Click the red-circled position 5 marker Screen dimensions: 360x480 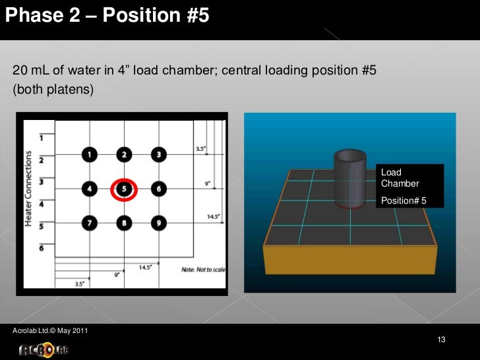click(124, 189)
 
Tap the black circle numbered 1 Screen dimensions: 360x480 click(90, 155)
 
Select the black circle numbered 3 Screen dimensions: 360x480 click(158, 155)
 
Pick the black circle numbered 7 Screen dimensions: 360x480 click(90, 224)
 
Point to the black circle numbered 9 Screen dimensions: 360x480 click(158, 224)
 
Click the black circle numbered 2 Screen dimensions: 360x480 click(124, 155)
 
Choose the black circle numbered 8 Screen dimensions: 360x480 click(124, 224)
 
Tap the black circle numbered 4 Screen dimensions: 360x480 click(90, 189)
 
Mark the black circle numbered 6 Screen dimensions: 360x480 click(158, 189)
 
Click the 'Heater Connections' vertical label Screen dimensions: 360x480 click(29, 190)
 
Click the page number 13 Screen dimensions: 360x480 click(442, 340)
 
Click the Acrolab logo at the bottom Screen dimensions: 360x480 click(43, 349)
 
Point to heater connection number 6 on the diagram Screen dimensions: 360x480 click(42, 248)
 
